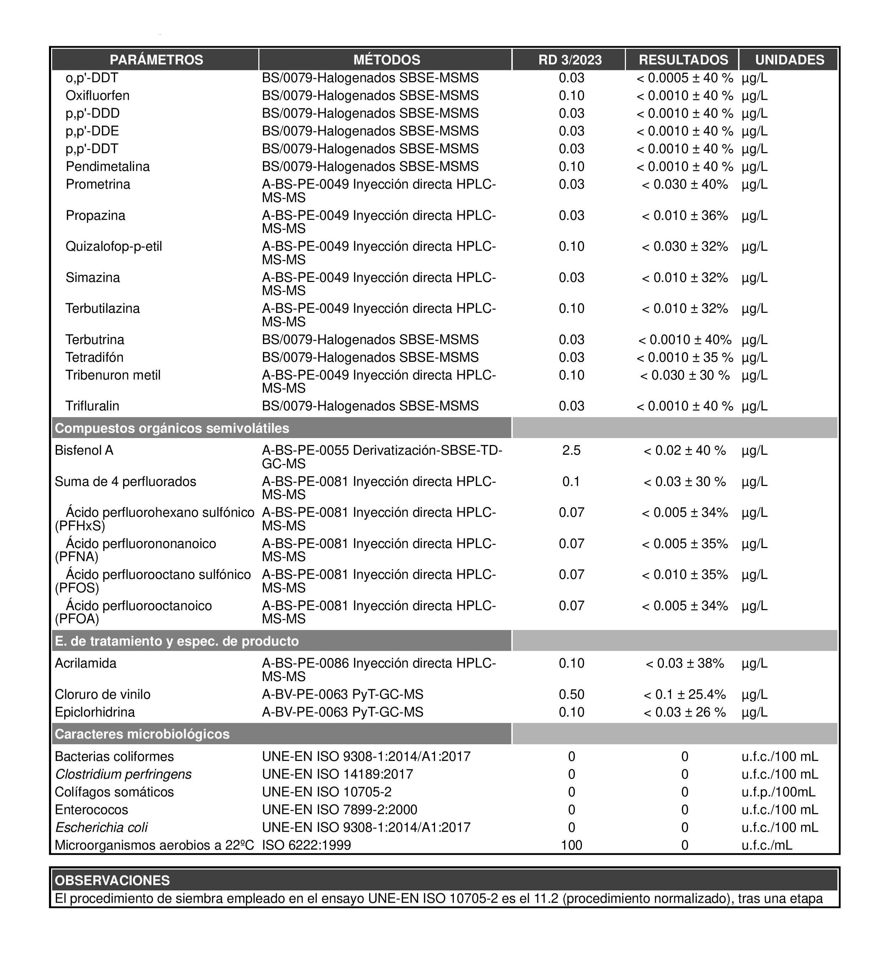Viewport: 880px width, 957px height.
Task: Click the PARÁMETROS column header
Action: click(x=156, y=60)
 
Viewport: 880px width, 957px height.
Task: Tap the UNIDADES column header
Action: click(x=789, y=60)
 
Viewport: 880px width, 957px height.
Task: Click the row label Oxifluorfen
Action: click(x=97, y=96)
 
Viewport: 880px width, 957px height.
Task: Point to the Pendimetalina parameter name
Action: click(x=108, y=167)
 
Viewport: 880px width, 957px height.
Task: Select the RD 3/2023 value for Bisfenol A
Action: click(x=571, y=450)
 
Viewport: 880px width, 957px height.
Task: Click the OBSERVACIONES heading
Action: click(x=112, y=880)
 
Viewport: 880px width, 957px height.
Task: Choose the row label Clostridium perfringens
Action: click(x=123, y=775)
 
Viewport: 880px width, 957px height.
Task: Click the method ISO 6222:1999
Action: click(x=306, y=845)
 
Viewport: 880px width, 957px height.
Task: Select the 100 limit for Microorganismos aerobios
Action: click(x=571, y=845)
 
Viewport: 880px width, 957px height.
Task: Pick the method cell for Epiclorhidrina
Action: click(x=342, y=712)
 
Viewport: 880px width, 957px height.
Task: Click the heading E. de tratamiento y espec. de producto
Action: click(x=177, y=641)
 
